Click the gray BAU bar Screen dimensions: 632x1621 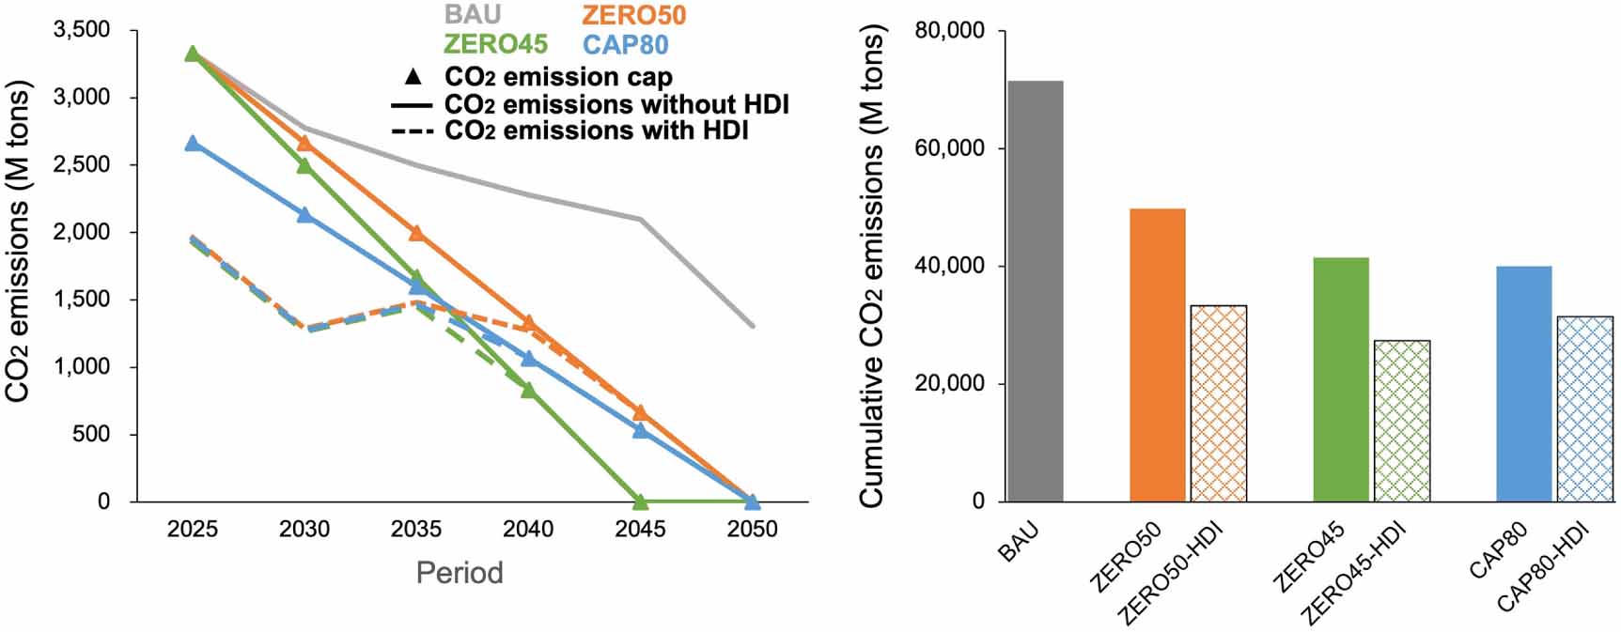click(x=1035, y=291)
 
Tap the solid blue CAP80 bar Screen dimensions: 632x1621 click(x=1523, y=384)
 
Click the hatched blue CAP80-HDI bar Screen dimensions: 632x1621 click(x=1584, y=408)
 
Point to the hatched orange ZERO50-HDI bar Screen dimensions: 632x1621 click(x=1218, y=403)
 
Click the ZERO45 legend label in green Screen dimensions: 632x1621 click(x=495, y=44)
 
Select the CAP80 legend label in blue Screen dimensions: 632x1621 click(x=625, y=44)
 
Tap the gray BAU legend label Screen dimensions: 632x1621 click(x=473, y=14)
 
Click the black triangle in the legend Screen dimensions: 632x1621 click(x=413, y=76)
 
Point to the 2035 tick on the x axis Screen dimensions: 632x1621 click(x=416, y=530)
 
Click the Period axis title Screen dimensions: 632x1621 click(x=460, y=573)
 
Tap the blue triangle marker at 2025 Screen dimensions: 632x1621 click(x=193, y=143)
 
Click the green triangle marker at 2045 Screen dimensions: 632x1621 click(x=640, y=501)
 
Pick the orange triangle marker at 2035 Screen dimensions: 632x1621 click(x=416, y=233)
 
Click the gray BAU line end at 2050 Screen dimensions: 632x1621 click(x=751, y=326)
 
